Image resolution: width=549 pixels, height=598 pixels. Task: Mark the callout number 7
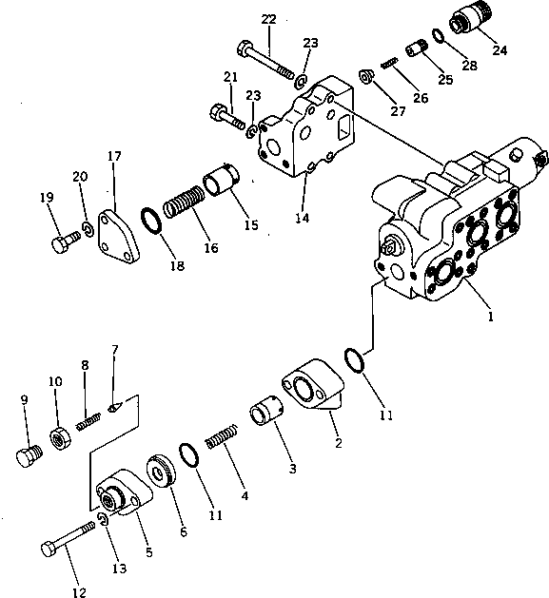(x=114, y=350)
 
